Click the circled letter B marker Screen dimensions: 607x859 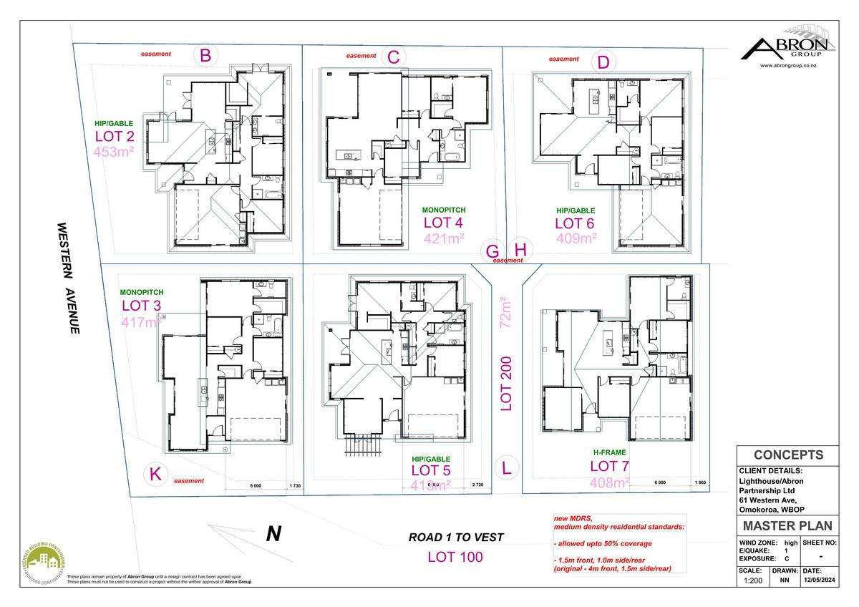click(205, 55)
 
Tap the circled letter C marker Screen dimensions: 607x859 click(392, 57)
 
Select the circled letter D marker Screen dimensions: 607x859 click(603, 62)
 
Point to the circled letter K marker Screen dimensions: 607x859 click(155, 474)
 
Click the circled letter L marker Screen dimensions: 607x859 click(507, 469)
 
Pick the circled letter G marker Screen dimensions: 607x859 click(492, 251)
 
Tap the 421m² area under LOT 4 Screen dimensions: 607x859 click(444, 238)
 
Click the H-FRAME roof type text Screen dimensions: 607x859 click(608, 452)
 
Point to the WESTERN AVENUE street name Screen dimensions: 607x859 click(68, 278)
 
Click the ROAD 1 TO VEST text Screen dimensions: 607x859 click(456, 537)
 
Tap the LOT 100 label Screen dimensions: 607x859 click(455, 556)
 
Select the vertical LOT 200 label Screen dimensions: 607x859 click(506, 383)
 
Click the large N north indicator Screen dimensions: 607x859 click(273, 534)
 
